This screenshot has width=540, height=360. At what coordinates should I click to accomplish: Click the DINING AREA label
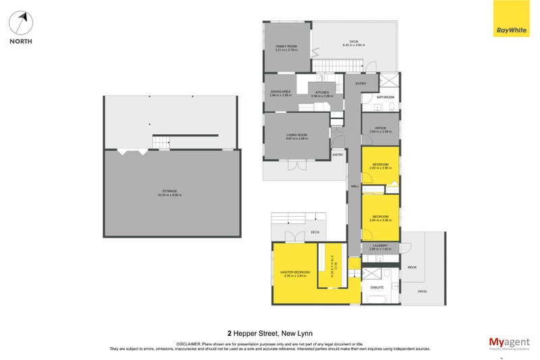tap(280, 91)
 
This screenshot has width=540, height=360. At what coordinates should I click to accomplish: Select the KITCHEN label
tap(320, 92)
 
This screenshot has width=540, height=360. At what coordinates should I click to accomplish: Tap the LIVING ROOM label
tap(297, 135)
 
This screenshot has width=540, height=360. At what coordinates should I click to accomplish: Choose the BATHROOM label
tap(385, 97)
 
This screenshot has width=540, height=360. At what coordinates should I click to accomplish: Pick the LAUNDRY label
tap(380, 246)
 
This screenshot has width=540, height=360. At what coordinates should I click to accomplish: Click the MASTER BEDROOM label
tap(295, 272)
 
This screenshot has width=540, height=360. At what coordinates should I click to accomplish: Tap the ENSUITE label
tap(376, 287)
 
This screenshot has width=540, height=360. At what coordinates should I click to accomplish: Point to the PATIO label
tap(422, 291)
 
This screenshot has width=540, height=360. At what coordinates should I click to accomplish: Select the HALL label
tap(353, 187)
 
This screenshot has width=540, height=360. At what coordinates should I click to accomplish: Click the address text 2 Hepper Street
tap(269, 332)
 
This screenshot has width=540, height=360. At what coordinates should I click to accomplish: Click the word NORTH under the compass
tap(21, 41)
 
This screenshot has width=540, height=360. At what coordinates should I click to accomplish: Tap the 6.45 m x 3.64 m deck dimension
tap(354, 45)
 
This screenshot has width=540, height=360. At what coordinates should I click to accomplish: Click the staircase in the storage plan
tap(161, 143)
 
